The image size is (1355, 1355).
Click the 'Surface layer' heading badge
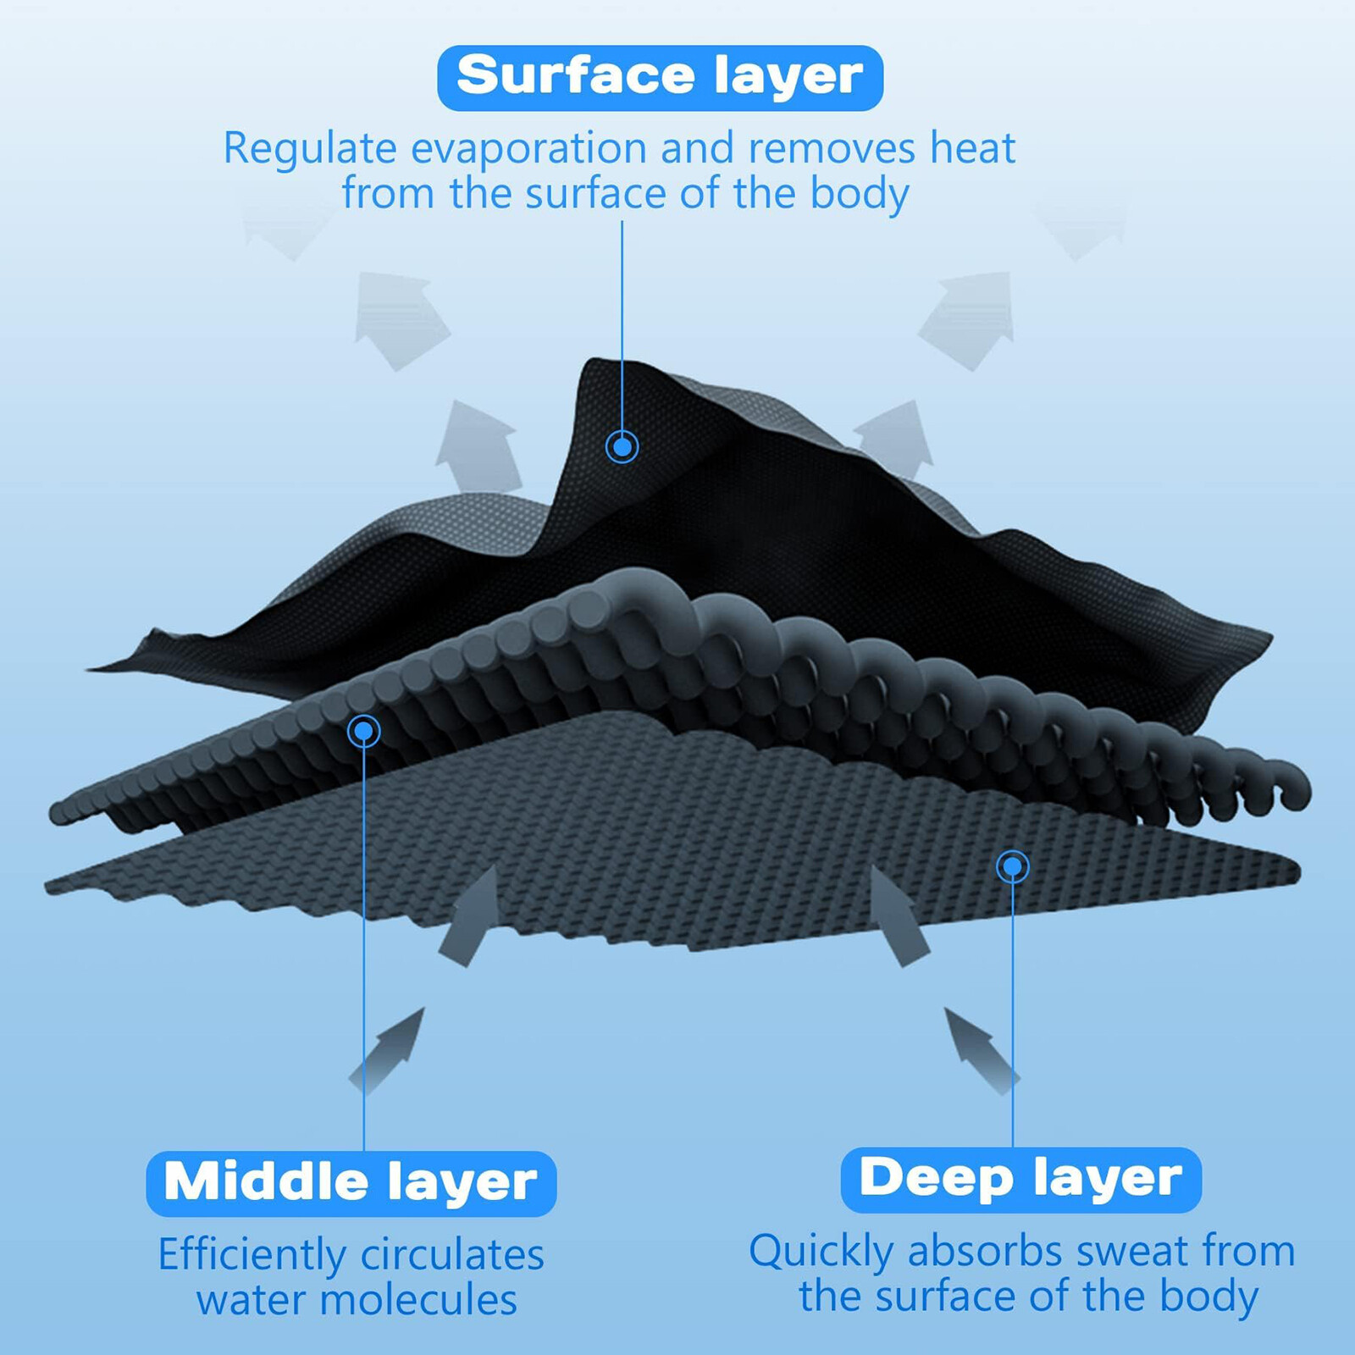click(x=660, y=77)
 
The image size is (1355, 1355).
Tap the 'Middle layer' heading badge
click(x=351, y=1182)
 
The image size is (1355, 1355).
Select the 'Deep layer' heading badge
click(x=1020, y=1179)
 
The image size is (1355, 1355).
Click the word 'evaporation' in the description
click(x=529, y=149)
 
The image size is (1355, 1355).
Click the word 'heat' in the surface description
click(x=972, y=149)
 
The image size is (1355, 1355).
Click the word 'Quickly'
click(x=821, y=1252)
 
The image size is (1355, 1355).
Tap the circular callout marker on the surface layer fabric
click(x=622, y=445)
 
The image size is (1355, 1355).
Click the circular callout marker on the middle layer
click(x=363, y=730)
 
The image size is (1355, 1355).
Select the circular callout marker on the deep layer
click(x=1013, y=866)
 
